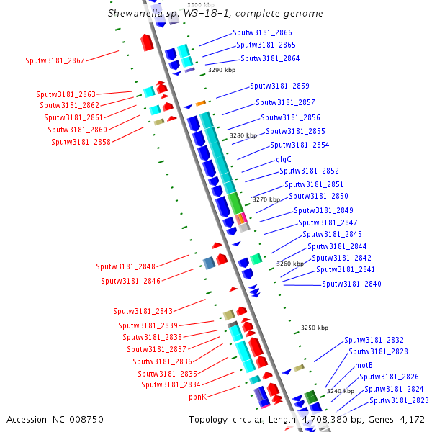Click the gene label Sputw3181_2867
pos(55,60)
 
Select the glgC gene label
pos(284,160)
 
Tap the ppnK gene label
pos(198,397)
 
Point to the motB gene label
pos(364,365)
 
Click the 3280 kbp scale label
pos(243,135)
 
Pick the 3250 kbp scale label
pos(315,328)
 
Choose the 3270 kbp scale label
pos(265,199)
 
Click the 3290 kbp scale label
pos(222,71)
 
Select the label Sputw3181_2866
pos(262,33)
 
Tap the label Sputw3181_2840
pos(351,284)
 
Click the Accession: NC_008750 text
pos(55,419)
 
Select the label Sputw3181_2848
pos(125,266)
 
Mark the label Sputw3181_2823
pos(399,400)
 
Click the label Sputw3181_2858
pos(81,142)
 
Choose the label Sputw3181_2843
pos(143,311)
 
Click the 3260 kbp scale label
pos(289,264)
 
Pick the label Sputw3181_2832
pos(374,340)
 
